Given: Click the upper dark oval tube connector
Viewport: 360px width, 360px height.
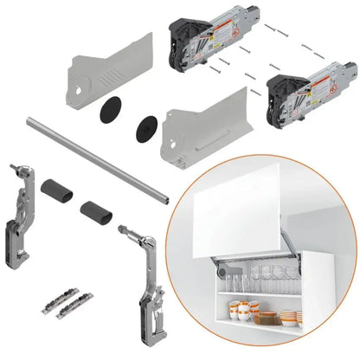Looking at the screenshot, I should [x=55, y=189].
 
